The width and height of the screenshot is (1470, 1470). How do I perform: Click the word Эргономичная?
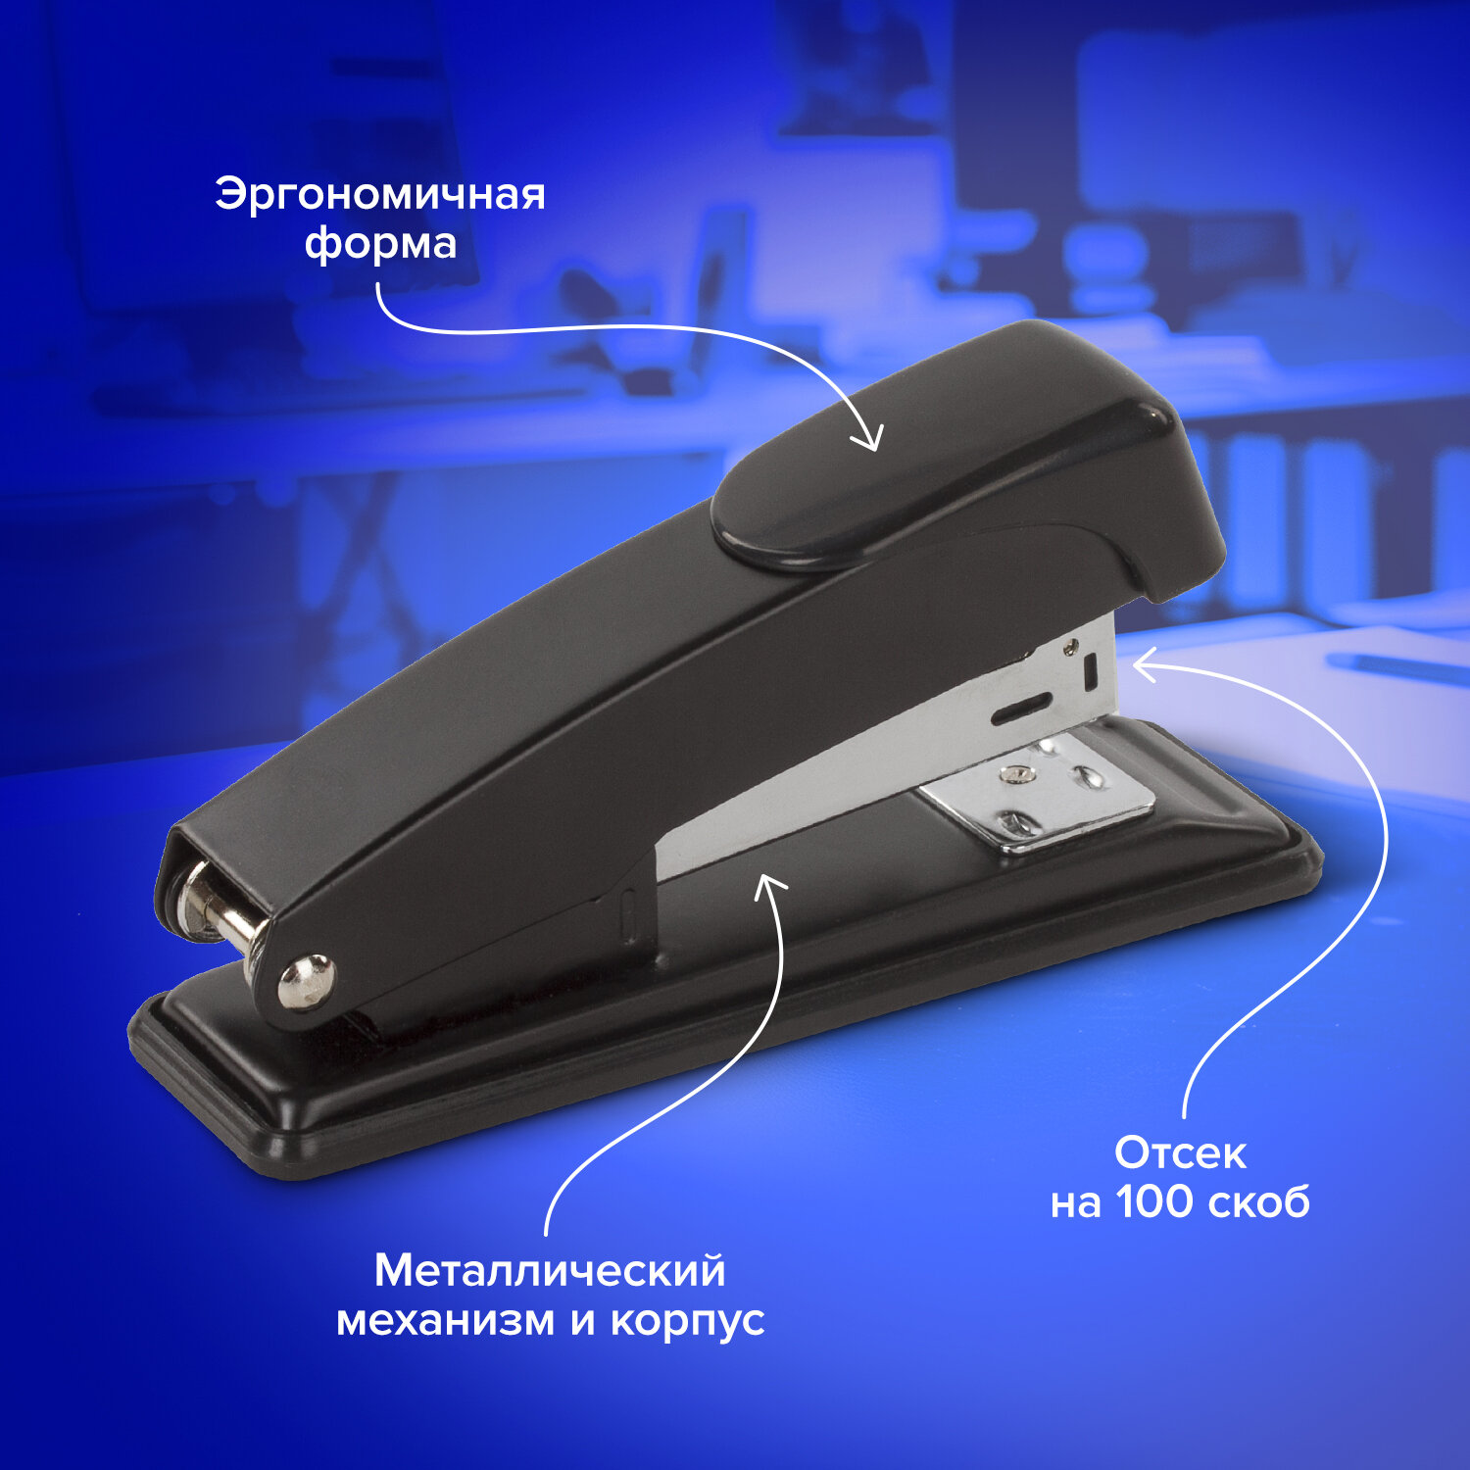380,195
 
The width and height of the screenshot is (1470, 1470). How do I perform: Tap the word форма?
380,244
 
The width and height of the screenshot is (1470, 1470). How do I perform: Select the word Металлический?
550,1271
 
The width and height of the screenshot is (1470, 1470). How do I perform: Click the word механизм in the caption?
446,1320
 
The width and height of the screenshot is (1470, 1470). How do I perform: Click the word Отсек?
1180,1153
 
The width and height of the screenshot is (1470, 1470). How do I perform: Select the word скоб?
1259,1202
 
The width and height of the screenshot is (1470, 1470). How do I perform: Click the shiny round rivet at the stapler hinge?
306,980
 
